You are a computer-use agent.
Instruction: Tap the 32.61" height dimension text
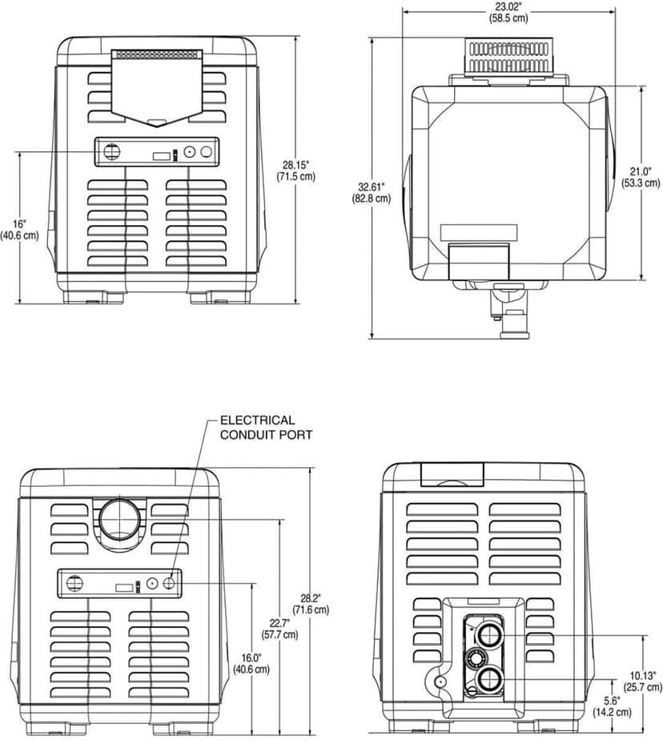point(374,187)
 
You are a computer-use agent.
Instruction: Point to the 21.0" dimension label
point(641,171)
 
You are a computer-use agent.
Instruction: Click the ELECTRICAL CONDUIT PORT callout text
point(266,427)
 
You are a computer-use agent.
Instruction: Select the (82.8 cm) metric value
point(374,199)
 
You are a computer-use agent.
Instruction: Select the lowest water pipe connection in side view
point(487,681)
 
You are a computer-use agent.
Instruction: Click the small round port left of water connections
point(440,681)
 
